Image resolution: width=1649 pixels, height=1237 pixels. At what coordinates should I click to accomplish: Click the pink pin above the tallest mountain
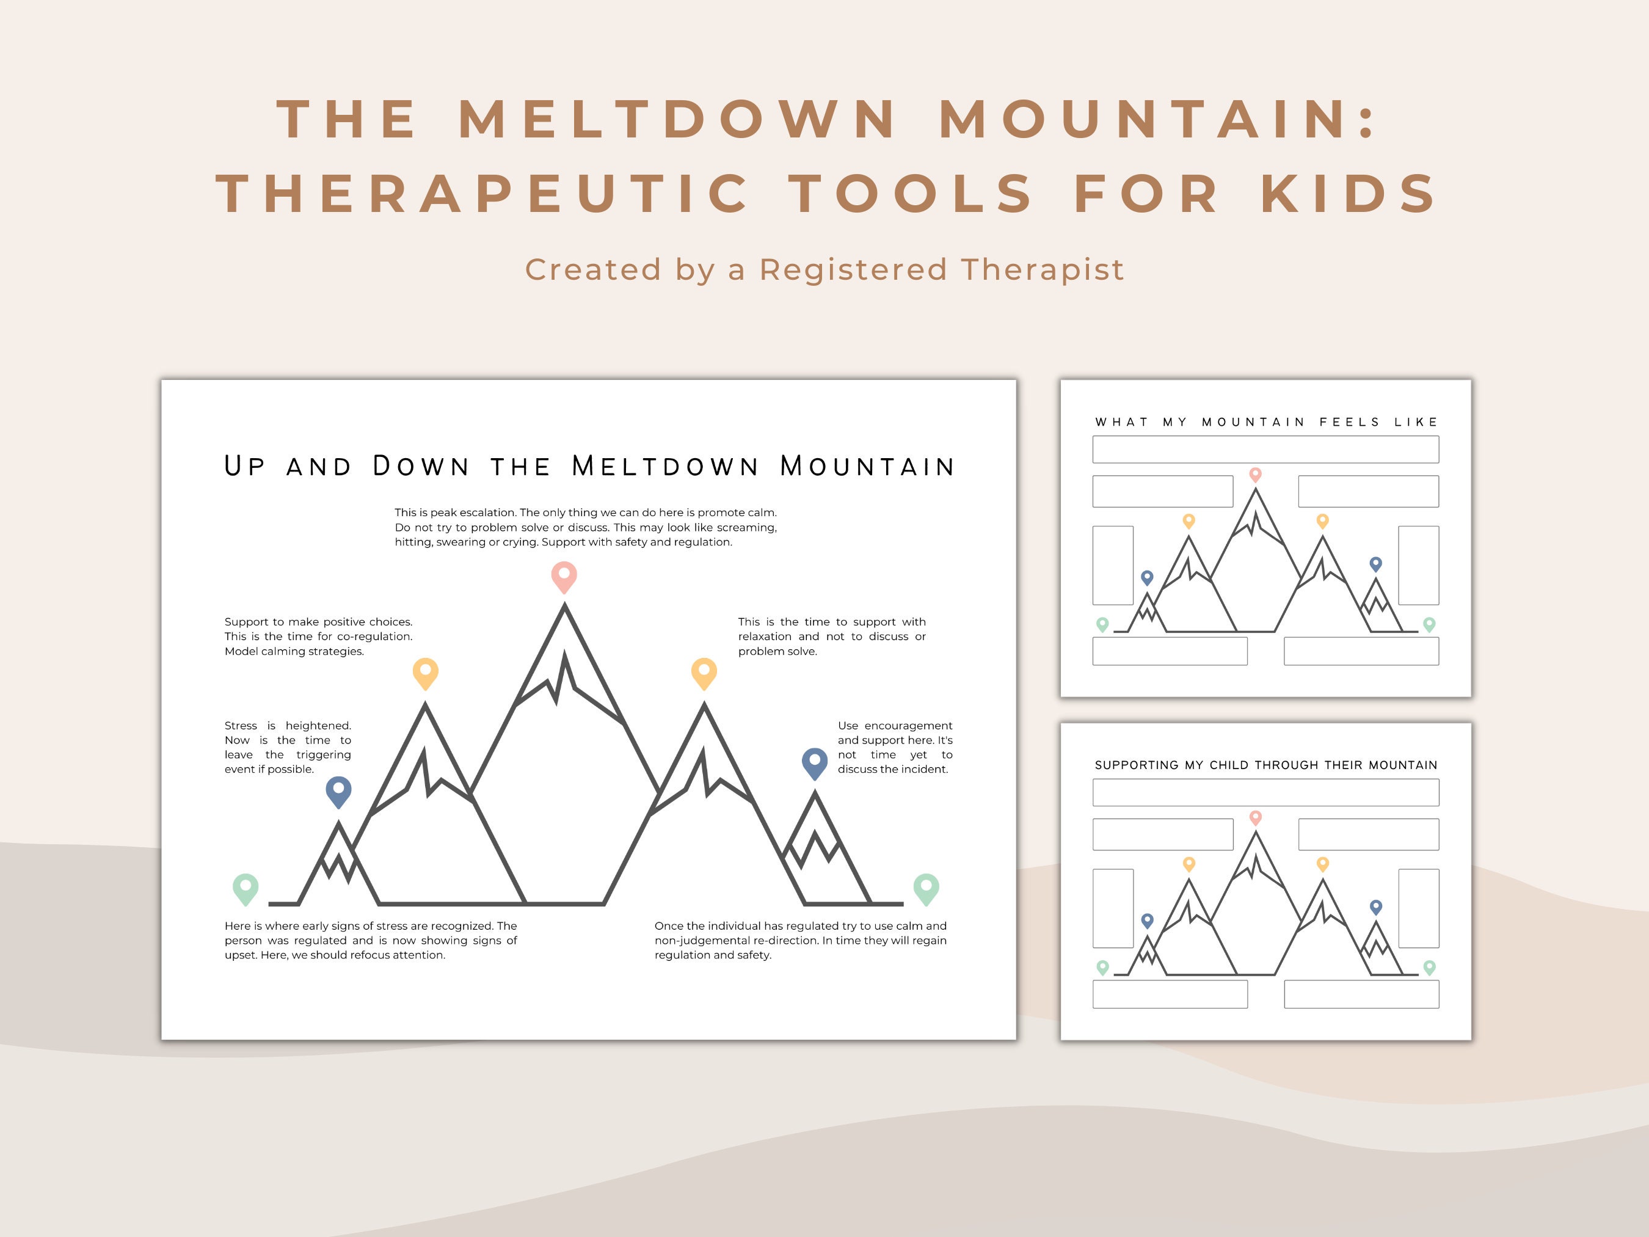pos(564,575)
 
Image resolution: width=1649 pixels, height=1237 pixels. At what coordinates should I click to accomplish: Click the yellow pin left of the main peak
pos(425,672)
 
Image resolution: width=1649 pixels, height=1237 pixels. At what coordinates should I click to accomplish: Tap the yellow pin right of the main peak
pos(704,672)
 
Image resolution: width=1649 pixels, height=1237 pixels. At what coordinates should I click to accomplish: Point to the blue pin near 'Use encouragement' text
pos(814,761)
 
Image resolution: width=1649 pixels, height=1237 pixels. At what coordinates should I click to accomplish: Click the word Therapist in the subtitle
pos(1042,270)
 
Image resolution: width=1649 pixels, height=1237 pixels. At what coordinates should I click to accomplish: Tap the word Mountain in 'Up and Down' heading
pos(867,467)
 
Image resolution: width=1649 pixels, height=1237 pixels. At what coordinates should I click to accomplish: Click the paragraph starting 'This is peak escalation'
pos(585,527)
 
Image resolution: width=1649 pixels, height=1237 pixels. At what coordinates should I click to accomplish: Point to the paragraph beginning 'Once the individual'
pos(800,940)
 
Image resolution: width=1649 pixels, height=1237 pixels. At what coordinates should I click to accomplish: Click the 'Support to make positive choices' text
pos(318,636)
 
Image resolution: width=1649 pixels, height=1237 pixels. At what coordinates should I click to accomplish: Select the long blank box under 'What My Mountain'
pos(1265,450)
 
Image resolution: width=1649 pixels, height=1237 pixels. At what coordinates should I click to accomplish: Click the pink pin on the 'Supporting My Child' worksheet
pos(1256,817)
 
